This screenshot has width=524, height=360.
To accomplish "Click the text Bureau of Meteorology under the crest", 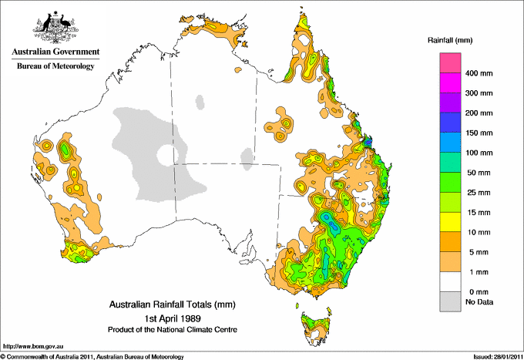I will pos(55,66).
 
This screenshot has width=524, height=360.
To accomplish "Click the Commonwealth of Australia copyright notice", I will pos(92,356).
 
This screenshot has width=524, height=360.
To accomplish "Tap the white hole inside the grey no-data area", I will pos(165,155).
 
